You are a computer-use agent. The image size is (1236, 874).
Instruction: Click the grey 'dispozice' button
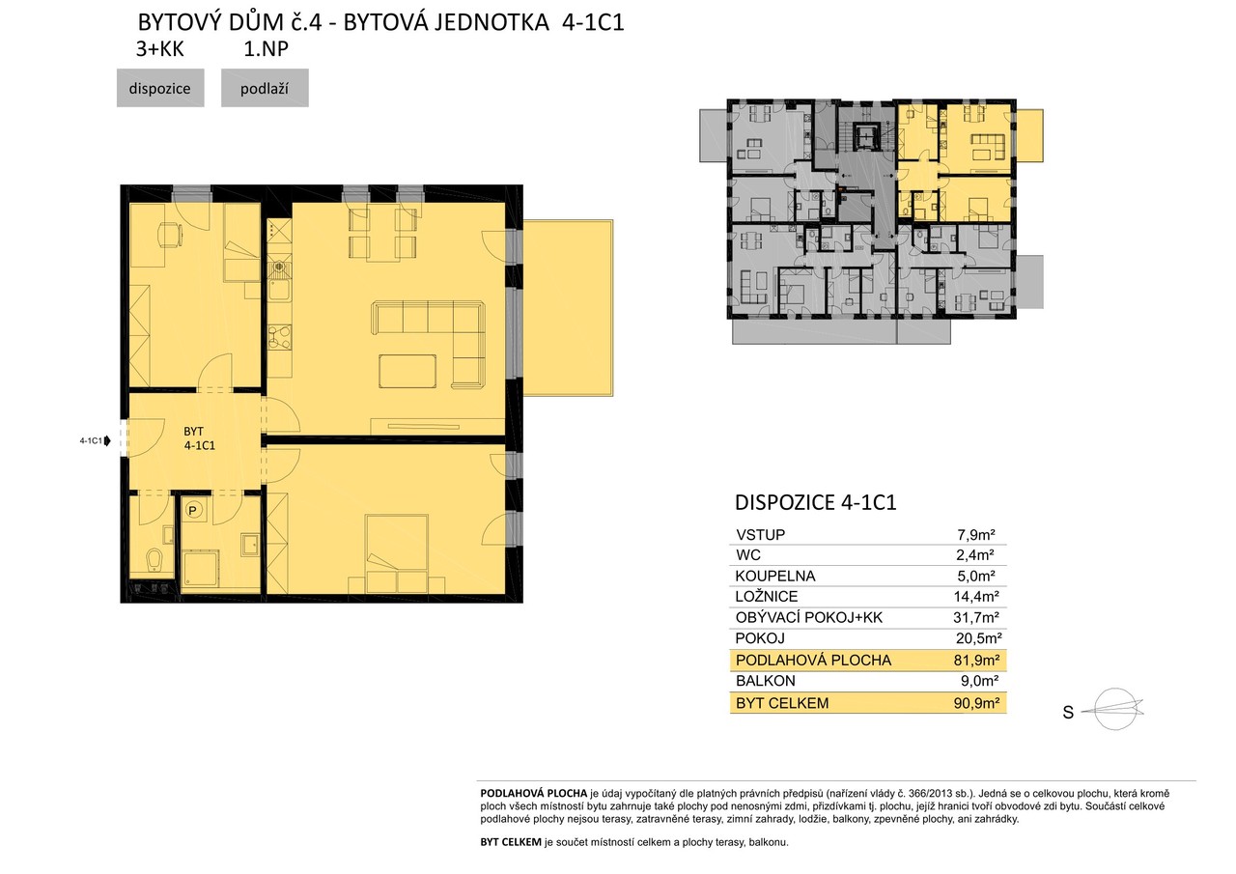pos(160,88)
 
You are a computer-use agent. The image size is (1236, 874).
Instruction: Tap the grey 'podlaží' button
pos(265,88)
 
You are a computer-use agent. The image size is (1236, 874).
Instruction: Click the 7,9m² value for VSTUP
pos(975,535)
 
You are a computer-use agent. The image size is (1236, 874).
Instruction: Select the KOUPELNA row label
pos(774,576)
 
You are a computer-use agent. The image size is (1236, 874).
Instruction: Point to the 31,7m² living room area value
pos(976,617)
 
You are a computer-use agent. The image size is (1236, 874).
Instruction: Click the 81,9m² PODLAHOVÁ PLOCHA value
pos(976,660)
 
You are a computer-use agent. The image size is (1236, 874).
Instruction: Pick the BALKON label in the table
pos(766,681)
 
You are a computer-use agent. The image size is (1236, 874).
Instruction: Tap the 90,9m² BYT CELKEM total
pos(976,703)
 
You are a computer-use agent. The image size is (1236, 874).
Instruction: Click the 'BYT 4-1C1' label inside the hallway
pos(199,438)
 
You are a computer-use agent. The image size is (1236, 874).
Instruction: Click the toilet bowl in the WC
pos(155,560)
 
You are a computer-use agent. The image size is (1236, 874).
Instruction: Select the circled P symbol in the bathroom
pos(192,510)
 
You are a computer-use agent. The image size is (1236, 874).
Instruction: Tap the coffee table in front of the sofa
pos(407,372)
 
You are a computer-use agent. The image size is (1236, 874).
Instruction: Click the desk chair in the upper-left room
pos(169,235)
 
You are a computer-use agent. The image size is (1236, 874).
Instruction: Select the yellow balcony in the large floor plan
pos(568,308)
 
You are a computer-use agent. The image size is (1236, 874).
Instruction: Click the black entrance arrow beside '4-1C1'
pos(107,440)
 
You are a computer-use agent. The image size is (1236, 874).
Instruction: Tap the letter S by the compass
pos(1068,713)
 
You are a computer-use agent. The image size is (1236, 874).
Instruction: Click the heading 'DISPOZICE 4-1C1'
pos(816,502)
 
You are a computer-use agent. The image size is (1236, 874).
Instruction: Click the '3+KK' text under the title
pos(160,49)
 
